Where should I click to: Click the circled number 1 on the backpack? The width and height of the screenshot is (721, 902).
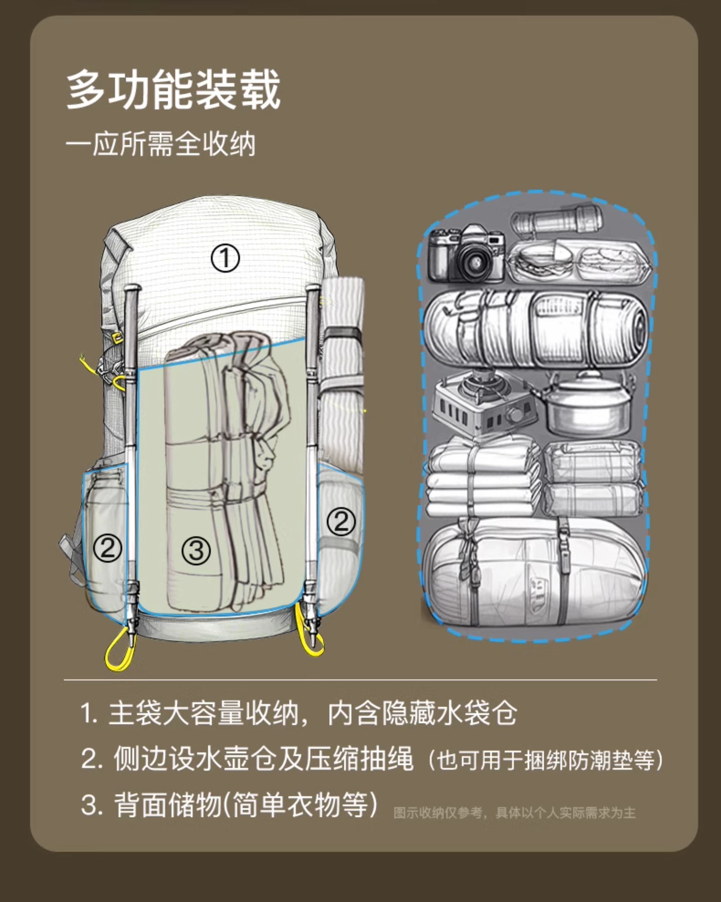click(x=225, y=258)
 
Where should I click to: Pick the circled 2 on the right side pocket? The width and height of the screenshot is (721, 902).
click(x=341, y=521)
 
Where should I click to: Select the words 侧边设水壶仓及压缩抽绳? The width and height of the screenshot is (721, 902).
click(x=263, y=759)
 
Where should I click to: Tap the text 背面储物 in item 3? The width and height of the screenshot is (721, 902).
click(x=167, y=805)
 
